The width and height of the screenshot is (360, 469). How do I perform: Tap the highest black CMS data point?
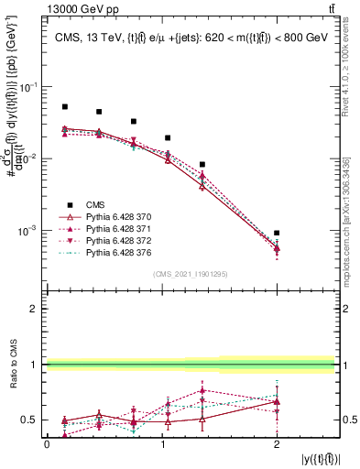pos(65,107)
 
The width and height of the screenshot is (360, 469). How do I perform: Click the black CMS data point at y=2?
pos(277,234)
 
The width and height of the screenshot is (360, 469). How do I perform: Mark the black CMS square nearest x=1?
pos(168,137)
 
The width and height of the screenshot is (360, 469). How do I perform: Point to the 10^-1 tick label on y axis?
pos(30,87)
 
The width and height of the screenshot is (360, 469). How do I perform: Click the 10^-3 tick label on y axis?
pos(30,231)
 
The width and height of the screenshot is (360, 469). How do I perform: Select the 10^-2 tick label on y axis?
pos(30,159)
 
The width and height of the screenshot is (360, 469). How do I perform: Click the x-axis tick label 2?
pos(277,444)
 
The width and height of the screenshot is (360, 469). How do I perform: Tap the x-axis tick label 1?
pos(162,444)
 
